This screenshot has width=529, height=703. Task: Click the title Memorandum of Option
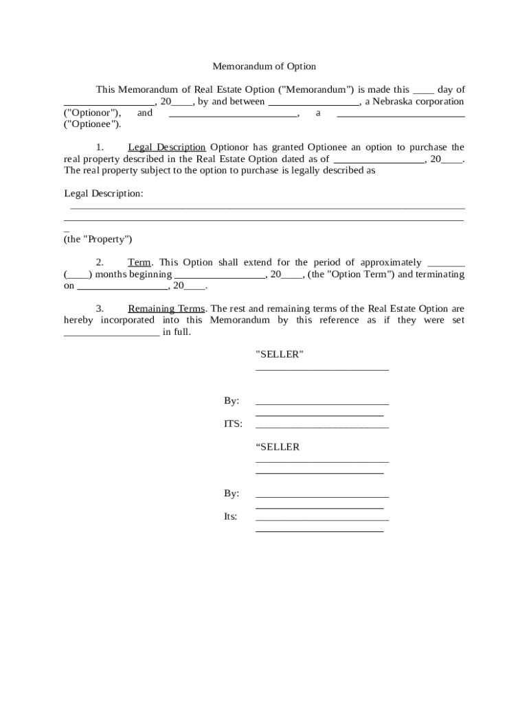click(264, 67)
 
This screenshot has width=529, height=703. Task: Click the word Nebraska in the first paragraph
click(392, 102)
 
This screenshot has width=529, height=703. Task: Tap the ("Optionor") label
click(93, 113)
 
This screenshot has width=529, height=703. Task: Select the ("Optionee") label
click(92, 125)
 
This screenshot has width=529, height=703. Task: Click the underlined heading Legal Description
click(166, 148)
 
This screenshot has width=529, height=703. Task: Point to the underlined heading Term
click(139, 263)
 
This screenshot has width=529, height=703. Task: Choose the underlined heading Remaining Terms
click(166, 309)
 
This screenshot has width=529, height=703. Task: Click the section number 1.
click(100, 148)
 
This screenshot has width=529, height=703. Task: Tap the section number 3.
click(100, 309)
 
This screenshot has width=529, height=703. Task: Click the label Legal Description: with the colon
click(104, 194)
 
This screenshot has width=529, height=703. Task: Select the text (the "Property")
click(98, 240)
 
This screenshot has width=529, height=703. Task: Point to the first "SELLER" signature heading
click(279, 355)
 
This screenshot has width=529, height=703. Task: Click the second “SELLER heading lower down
click(278, 447)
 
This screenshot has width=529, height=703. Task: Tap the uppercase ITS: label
click(233, 424)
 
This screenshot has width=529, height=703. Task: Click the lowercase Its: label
click(230, 516)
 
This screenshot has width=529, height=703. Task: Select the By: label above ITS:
click(232, 401)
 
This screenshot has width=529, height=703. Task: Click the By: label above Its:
click(232, 494)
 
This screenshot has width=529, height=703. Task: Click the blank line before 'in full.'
click(111, 332)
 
